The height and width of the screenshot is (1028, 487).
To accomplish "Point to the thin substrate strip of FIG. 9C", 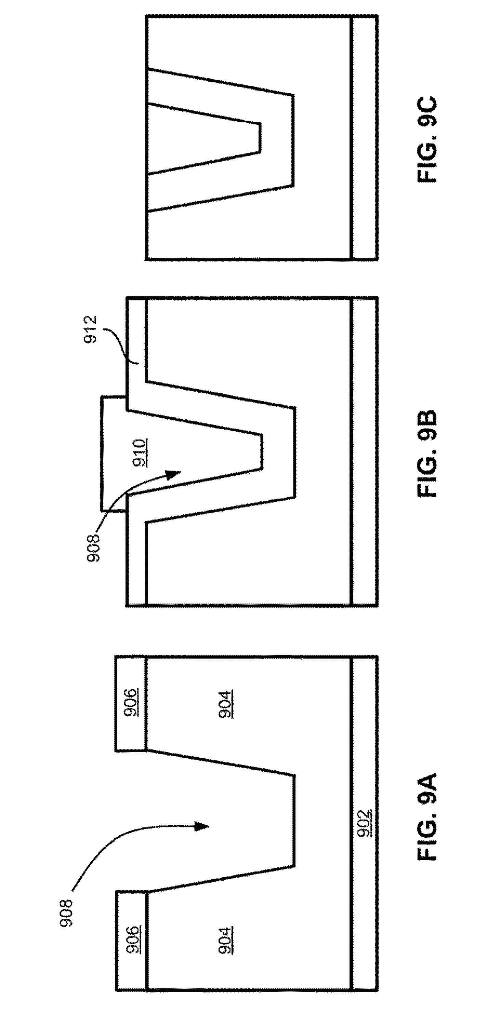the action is point(364,138).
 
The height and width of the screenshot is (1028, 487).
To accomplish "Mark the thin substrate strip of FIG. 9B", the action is point(364,451).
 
